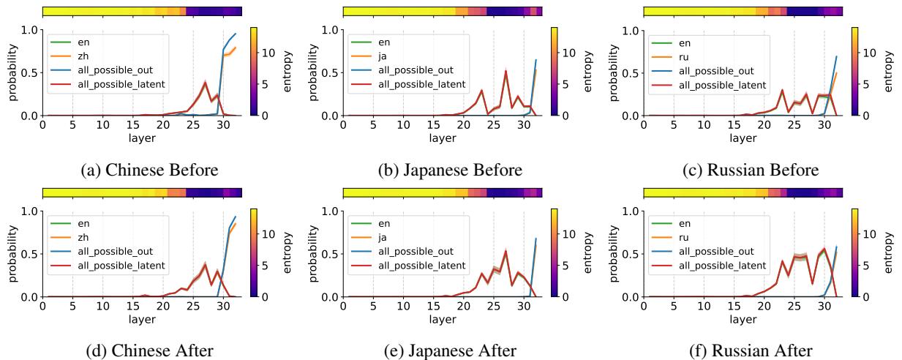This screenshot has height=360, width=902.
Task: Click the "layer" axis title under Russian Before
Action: [x=743, y=137]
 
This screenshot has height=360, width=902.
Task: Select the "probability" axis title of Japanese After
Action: [x=312, y=253]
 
